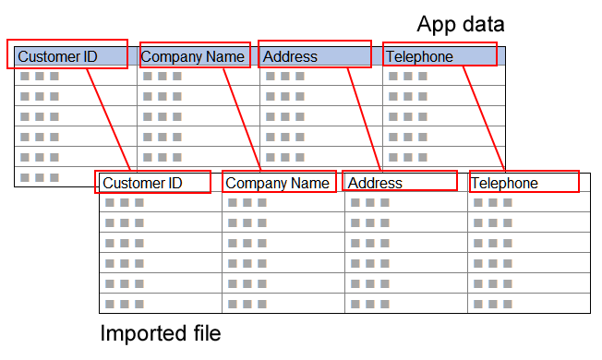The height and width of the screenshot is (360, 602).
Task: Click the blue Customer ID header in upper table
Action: [70, 56]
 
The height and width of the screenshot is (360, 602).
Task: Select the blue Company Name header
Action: [195, 56]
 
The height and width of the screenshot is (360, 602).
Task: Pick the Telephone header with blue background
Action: [440, 56]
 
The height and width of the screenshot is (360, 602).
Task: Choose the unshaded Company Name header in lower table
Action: [277, 183]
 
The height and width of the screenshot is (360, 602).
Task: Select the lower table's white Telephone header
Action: [524, 183]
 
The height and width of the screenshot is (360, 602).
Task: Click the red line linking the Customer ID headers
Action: [109, 118]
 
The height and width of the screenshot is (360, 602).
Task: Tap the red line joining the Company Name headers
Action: [244, 118]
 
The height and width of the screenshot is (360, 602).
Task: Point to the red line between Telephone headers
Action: [484, 118]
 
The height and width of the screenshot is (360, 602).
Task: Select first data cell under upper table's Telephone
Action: [443, 76]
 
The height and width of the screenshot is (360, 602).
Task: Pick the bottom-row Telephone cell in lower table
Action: [528, 304]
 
